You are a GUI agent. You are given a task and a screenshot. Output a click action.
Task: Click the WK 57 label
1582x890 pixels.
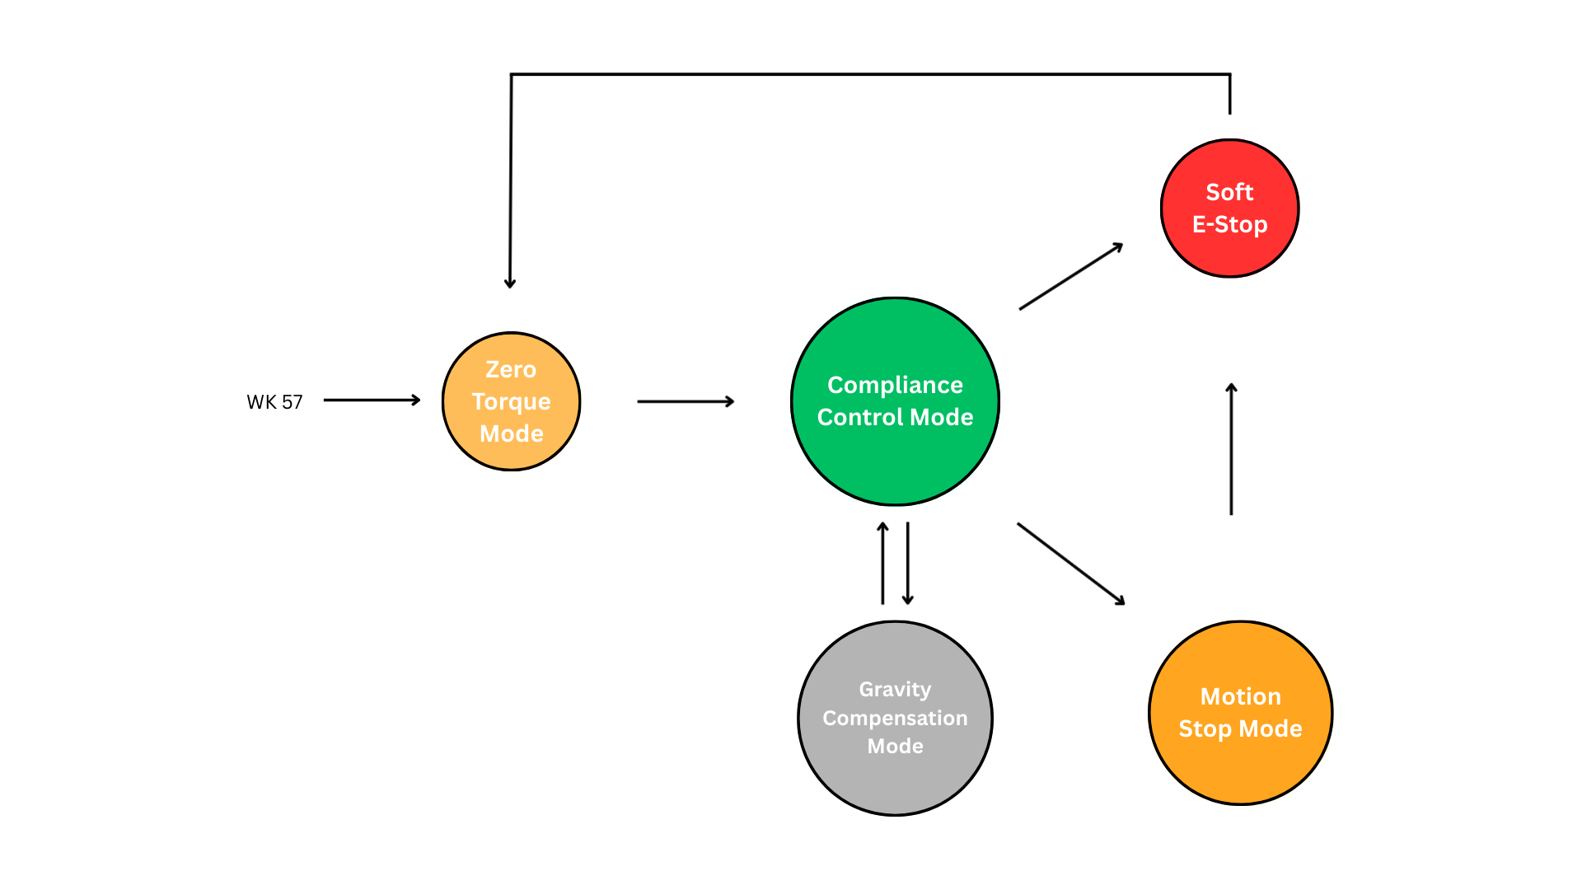(274, 402)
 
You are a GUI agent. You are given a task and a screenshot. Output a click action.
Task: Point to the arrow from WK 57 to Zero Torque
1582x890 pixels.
(372, 400)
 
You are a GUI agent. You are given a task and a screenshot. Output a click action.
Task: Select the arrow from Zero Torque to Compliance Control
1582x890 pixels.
(686, 401)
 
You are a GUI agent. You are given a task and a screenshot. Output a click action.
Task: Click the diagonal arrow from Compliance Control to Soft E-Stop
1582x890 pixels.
(1071, 277)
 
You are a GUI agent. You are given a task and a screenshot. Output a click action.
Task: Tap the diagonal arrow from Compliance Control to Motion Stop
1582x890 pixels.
(1071, 564)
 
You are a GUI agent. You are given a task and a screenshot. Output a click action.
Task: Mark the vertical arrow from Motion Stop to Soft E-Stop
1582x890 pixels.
(1231, 449)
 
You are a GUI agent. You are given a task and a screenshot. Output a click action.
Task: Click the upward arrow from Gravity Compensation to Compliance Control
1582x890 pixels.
(882, 564)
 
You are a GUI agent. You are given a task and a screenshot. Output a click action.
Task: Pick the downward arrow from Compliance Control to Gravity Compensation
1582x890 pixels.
(907, 564)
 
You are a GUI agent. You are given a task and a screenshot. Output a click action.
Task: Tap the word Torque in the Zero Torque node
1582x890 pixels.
(511, 402)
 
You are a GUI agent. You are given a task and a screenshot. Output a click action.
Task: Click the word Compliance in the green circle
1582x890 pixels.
(895, 385)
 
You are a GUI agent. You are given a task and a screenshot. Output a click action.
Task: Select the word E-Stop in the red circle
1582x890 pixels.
(1229, 224)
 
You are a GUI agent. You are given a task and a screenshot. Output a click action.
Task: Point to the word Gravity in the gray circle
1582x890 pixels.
(895, 689)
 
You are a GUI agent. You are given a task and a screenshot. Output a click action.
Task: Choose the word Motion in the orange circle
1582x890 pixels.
(1240, 697)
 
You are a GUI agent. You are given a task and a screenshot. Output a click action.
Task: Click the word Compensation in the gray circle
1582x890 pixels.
(895, 718)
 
